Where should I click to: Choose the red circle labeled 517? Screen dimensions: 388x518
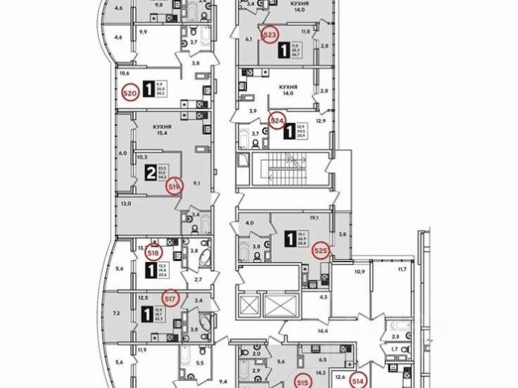point(170,297)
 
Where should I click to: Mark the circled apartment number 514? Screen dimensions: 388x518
point(358,377)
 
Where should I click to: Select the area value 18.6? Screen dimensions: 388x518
point(125,72)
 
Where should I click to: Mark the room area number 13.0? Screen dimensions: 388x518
point(125,205)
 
